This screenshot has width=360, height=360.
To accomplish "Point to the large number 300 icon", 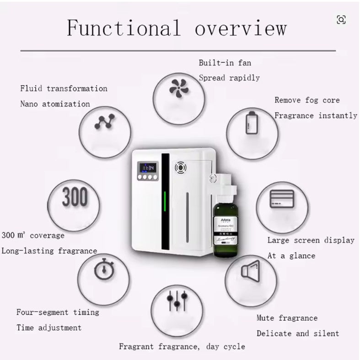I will [74, 198].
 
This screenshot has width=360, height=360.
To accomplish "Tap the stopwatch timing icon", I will [102, 270].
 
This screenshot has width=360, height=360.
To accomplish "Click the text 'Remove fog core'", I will [307, 100].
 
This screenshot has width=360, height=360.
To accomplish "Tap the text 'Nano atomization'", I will [55, 104].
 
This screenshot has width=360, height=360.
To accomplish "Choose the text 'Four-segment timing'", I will [58, 312].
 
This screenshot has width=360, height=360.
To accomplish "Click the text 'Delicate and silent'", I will [298, 333].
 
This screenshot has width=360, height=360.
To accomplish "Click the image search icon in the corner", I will [341, 19].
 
